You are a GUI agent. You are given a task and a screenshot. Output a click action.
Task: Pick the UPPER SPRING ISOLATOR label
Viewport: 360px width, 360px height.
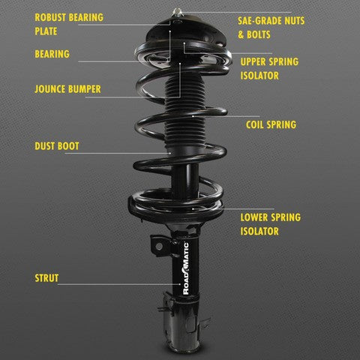[x=271, y=68]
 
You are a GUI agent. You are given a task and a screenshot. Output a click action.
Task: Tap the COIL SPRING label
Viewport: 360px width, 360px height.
[x=270, y=125]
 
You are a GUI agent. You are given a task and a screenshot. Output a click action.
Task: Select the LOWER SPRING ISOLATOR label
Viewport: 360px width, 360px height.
[x=269, y=224]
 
